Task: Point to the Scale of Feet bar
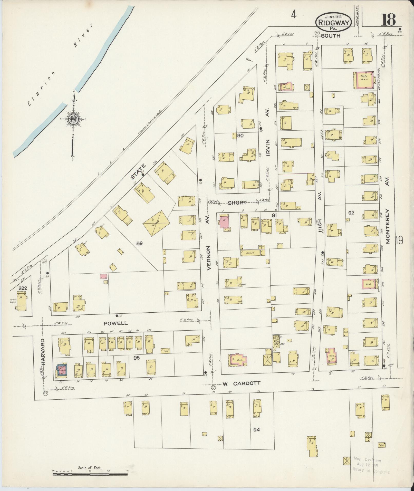click(x=90, y=474)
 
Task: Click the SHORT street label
click(x=237, y=203)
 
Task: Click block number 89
click(x=139, y=243)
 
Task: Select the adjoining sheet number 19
click(x=399, y=240)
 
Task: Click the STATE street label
click(x=138, y=172)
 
